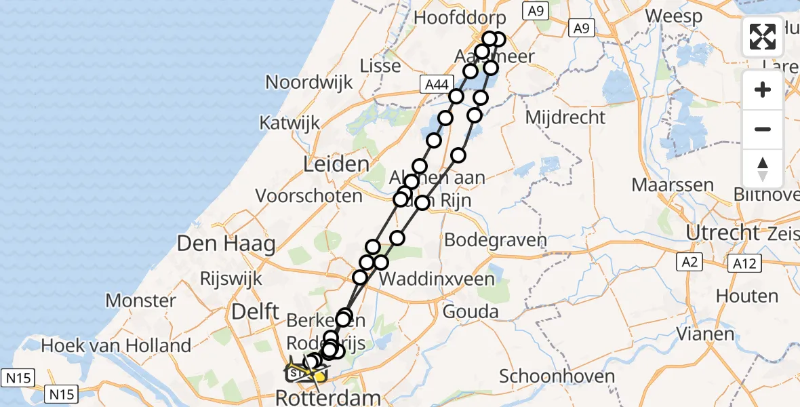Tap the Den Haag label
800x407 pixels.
226,244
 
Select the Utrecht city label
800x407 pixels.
723,233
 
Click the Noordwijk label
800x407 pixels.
309,83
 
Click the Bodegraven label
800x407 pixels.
496,240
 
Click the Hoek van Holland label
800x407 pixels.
115,346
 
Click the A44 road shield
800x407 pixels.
435,84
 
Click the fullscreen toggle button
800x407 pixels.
763,37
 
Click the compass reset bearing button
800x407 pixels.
763,168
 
